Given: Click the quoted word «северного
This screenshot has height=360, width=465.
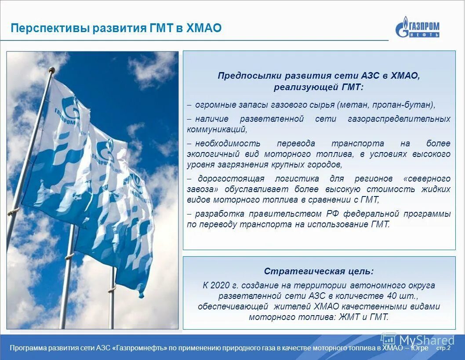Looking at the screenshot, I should click(426, 178).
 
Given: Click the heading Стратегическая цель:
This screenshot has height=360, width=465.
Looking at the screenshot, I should click(319, 271).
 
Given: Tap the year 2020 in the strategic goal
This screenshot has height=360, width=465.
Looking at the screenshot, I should click(220, 285).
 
